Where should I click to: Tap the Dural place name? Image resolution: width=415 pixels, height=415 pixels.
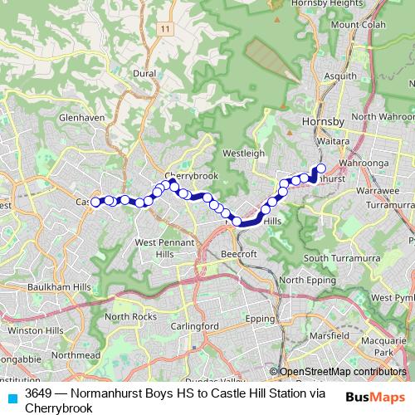pyautogui.click(x=144, y=73)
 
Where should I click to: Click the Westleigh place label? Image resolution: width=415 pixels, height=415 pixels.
pyautogui.click(x=243, y=154)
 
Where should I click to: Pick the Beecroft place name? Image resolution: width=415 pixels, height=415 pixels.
pyautogui.click(x=239, y=253)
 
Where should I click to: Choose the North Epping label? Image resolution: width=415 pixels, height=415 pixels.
pyautogui.click(x=302, y=281)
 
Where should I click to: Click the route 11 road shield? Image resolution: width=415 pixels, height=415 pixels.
pyautogui.click(x=166, y=29)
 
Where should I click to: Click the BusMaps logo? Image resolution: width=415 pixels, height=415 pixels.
pyautogui.click(x=375, y=396)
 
